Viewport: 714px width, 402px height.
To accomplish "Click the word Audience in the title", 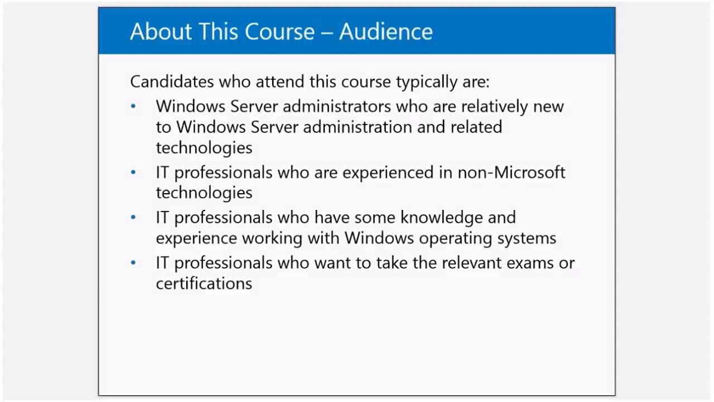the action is tap(385, 31).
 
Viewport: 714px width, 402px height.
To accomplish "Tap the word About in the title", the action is tap(161, 31).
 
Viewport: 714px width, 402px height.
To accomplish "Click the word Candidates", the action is tap(172, 82).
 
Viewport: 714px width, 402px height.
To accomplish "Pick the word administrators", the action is tap(337, 106).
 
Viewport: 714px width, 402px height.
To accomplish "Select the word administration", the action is tap(358, 127).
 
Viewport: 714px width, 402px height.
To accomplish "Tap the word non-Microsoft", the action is tap(512, 173).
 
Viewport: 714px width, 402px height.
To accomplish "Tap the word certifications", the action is tap(204, 283).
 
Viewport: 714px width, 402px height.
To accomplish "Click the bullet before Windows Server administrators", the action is tap(133, 106).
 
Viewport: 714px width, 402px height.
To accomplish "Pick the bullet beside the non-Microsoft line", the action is tap(133, 173).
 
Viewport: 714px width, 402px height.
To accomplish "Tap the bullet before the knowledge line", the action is tap(133, 217).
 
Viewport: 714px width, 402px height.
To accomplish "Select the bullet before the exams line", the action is tap(133, 263).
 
